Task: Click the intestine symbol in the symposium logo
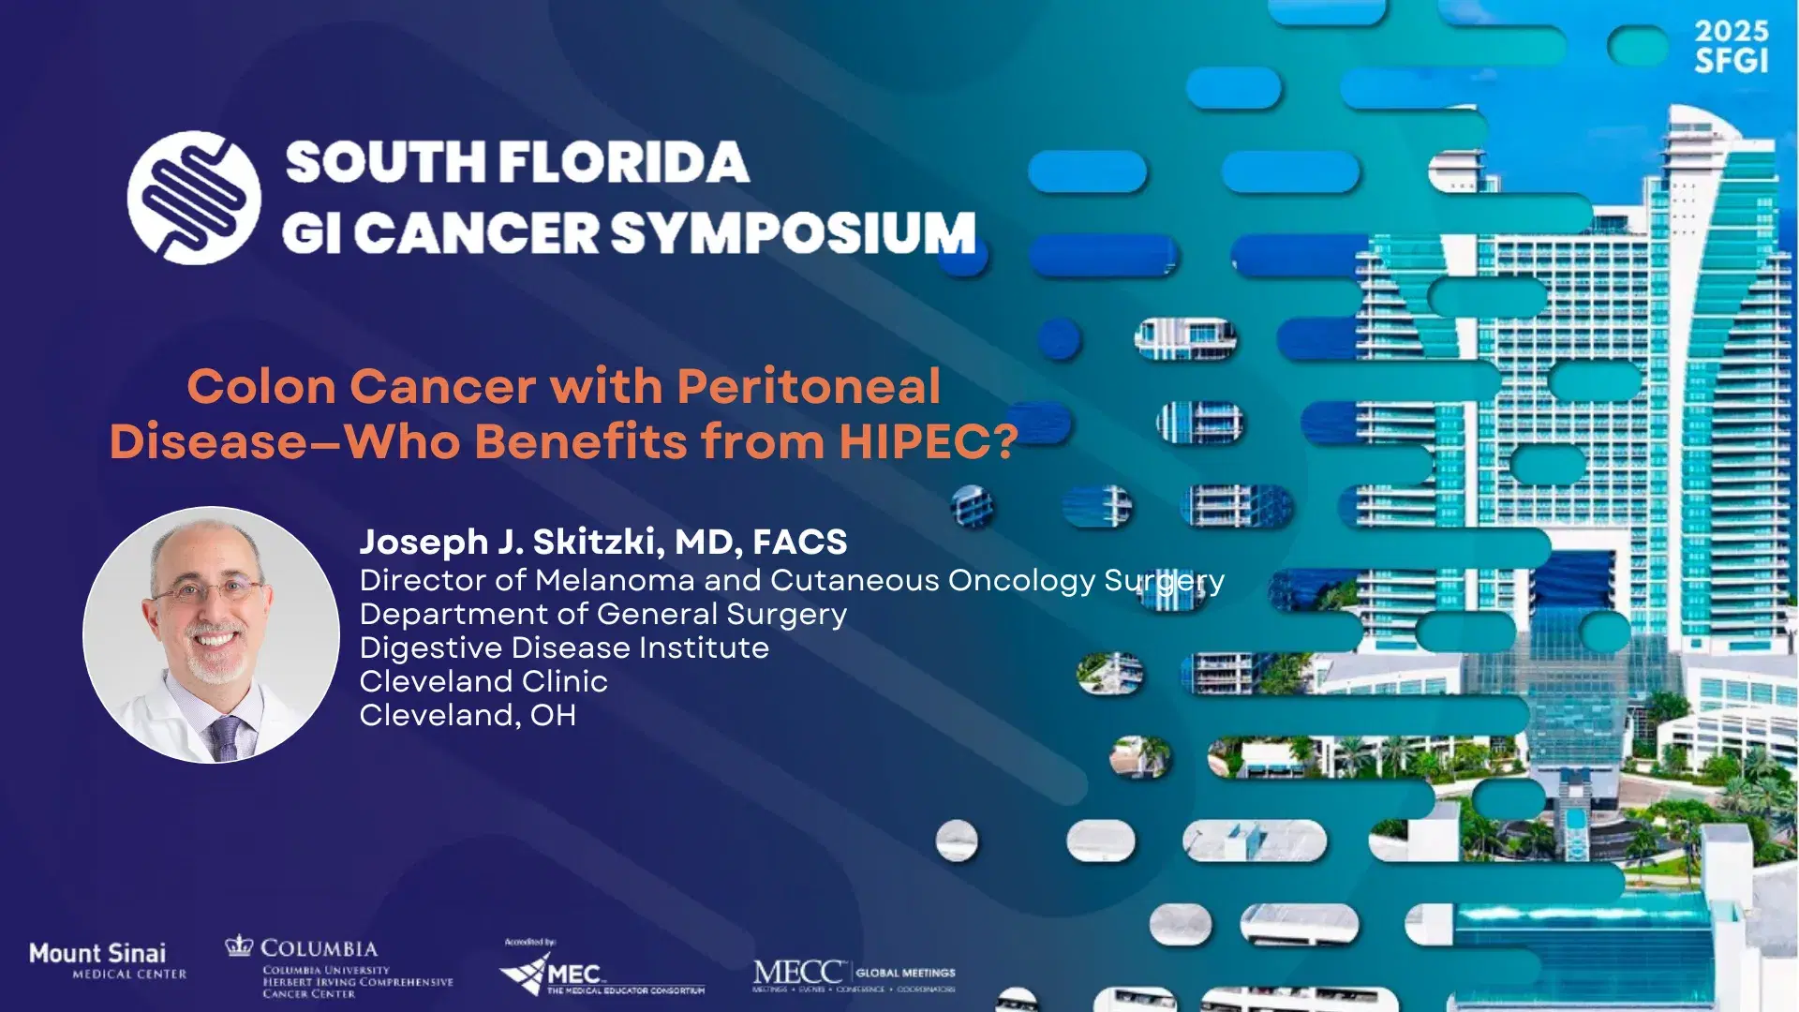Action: tap(194, 198)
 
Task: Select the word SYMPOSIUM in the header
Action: tap(795, 232)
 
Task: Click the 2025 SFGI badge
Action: tap(1731, 46)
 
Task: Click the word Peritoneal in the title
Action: tap(809, 386)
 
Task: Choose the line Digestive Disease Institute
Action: tap(564, 647)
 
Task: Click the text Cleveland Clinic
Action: tap(483, 681)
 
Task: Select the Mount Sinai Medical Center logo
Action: tap(108, 961)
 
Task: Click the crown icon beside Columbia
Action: tap(240, 945)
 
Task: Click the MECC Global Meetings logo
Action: tap(853, 975)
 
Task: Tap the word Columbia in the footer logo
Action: tap(319, 948)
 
